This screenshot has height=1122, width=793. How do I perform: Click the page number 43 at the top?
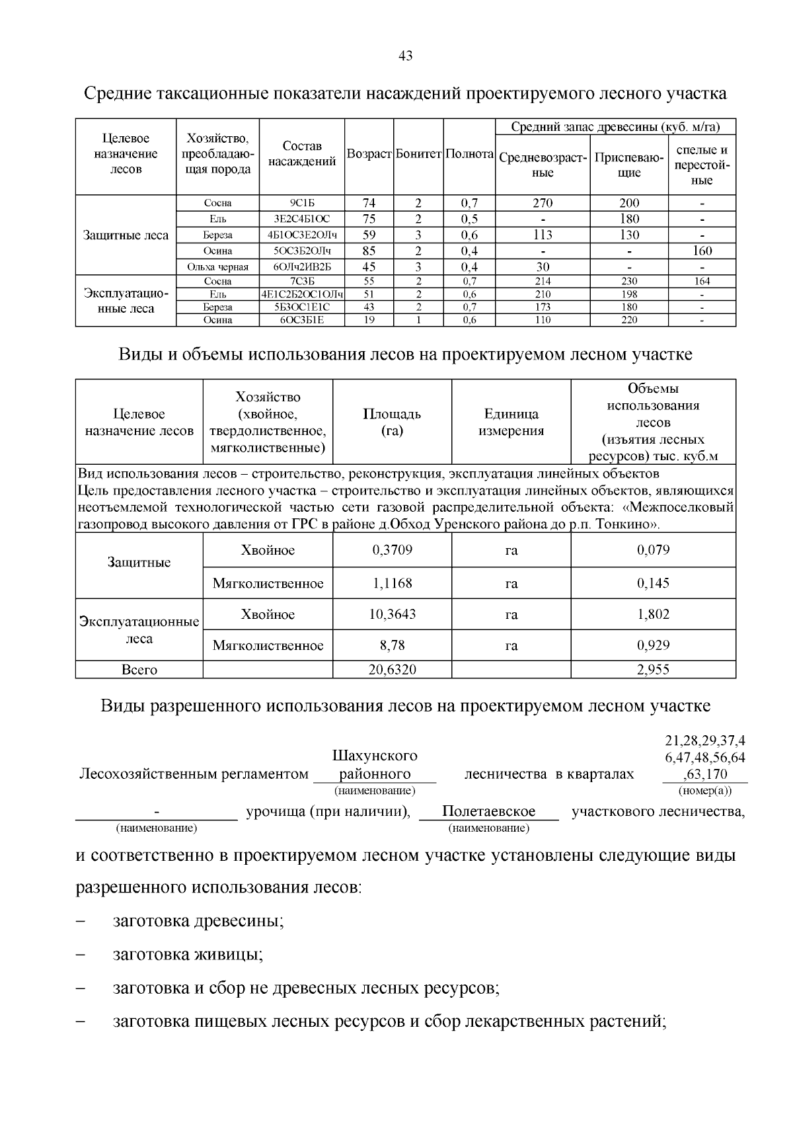pos(406,56)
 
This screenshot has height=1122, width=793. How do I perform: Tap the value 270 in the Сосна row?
pos(542,203)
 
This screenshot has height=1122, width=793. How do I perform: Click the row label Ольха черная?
pos(217,267)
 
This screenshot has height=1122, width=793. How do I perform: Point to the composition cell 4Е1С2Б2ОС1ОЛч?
pos(302,294)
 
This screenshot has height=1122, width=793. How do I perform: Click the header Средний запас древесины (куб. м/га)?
pos(615,126)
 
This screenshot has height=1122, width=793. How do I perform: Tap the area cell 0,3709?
pos(392,550)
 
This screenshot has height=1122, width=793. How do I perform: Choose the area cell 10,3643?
pos(392,614)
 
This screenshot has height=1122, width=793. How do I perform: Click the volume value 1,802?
pos(653,614)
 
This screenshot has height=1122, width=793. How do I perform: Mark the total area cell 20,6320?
pos(392,670)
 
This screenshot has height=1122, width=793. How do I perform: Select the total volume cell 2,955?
pos(653,670)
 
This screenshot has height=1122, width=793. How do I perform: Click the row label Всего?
pos(139,670)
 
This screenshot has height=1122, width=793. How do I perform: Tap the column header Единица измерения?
pos(511,422)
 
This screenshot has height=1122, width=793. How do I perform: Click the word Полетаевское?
pos(488,811)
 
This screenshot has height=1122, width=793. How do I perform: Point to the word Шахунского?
pos(375,755)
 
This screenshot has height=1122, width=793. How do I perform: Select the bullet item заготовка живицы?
pos(188,955)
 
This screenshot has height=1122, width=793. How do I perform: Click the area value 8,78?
pos(392,645)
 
